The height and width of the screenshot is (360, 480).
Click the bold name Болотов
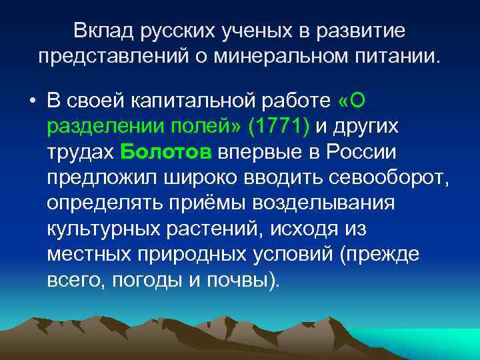point(167,151)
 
